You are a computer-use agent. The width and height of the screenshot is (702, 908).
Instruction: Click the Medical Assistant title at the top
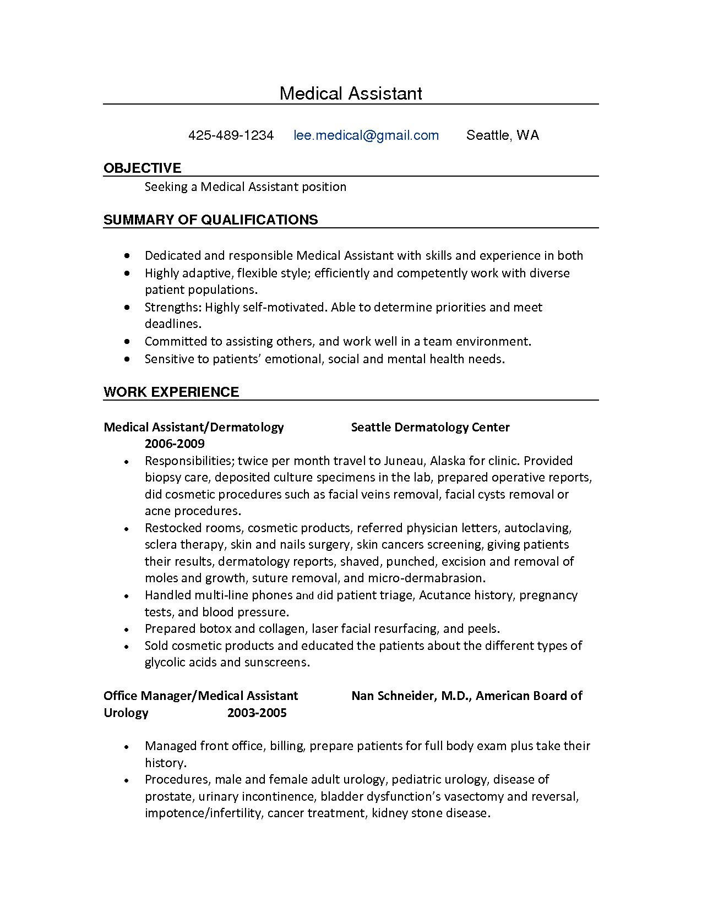point(351,93)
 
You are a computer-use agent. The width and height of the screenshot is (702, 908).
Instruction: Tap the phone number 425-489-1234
point(231,135)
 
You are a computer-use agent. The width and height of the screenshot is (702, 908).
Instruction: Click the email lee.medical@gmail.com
point(366,135)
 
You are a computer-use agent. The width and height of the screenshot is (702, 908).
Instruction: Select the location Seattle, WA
point(502,135)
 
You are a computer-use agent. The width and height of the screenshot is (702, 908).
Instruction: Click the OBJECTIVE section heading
point(142,168)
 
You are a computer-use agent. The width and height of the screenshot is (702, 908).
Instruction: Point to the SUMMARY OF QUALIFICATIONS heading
point(210,220)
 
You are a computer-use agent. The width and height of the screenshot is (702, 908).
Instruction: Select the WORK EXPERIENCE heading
point(171,392)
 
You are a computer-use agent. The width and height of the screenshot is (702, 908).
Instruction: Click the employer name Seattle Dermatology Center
point(430,427)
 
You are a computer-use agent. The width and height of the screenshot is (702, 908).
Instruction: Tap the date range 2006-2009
point(175,444)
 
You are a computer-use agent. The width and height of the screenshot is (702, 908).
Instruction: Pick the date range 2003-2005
point(257,713)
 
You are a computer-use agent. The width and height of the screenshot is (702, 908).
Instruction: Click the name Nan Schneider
point(393,696)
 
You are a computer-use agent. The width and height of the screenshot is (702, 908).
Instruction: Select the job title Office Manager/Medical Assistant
point(200,696)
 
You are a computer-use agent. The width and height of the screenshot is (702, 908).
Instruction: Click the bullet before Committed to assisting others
point(127,342)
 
